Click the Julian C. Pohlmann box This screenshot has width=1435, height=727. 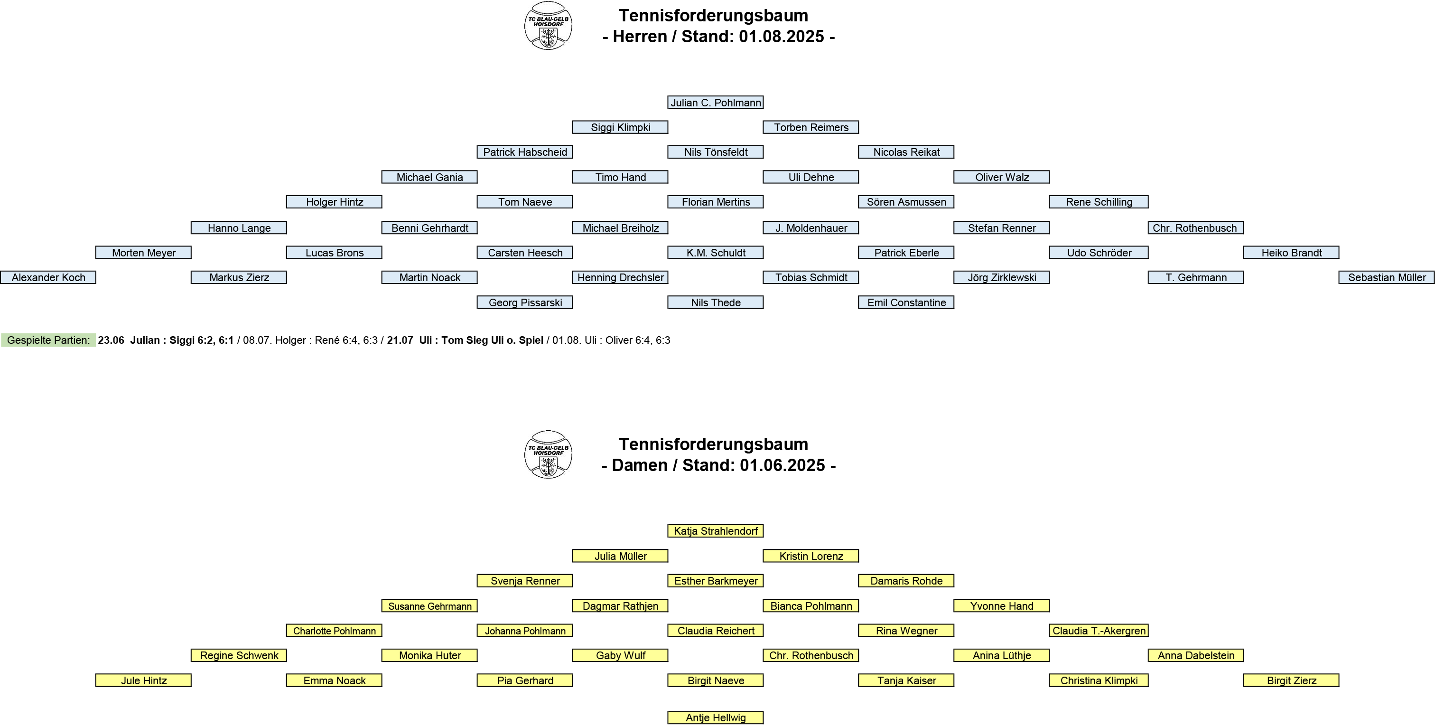coord(715,103)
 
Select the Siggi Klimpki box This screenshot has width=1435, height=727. coord(620,127)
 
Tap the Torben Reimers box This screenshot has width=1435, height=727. coord(811,127)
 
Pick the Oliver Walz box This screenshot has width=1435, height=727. coord(1002,177)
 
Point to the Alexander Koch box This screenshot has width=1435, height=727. coord(48,278)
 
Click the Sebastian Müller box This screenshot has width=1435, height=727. coord(1387,278)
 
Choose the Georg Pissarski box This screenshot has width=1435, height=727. coord(525,303)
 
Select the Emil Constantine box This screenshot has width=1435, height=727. coord(906,303)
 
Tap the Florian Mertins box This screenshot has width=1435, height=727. coord(715,202)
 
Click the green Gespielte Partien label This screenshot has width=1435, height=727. coord(48,340)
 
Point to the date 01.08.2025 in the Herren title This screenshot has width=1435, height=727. coord(781,37)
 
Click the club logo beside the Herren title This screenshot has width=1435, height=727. coord(548,26)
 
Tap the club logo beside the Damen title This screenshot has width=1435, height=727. coord(548,454)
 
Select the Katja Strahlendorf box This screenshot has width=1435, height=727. coord(715,531)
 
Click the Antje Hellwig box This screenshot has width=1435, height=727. coord(715,718)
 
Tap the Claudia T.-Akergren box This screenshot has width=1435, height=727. coord(1099,631)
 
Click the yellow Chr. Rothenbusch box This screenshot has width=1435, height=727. coord(811,656)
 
